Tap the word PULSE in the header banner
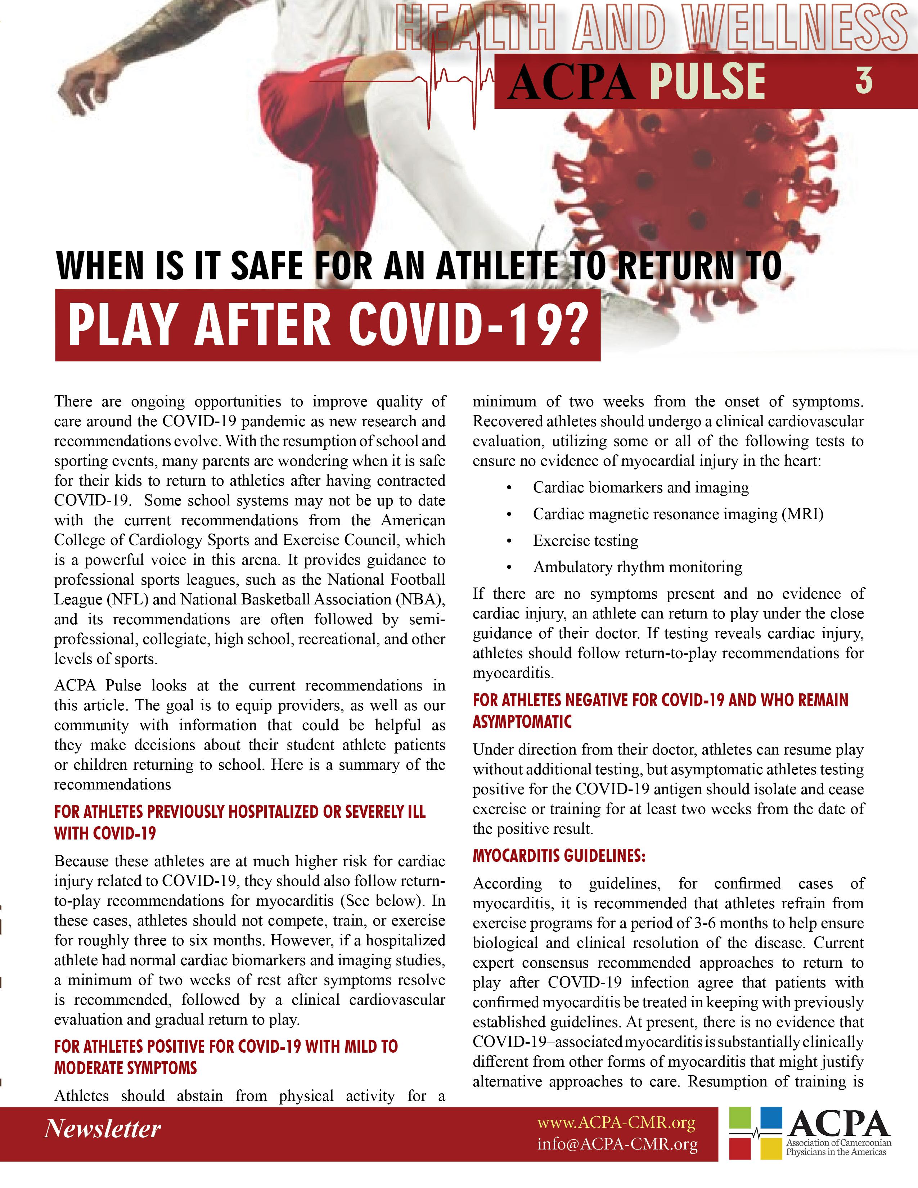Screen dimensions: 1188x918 707,82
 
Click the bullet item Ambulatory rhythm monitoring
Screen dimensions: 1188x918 637,567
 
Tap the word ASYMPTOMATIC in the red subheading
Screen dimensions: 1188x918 522,722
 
